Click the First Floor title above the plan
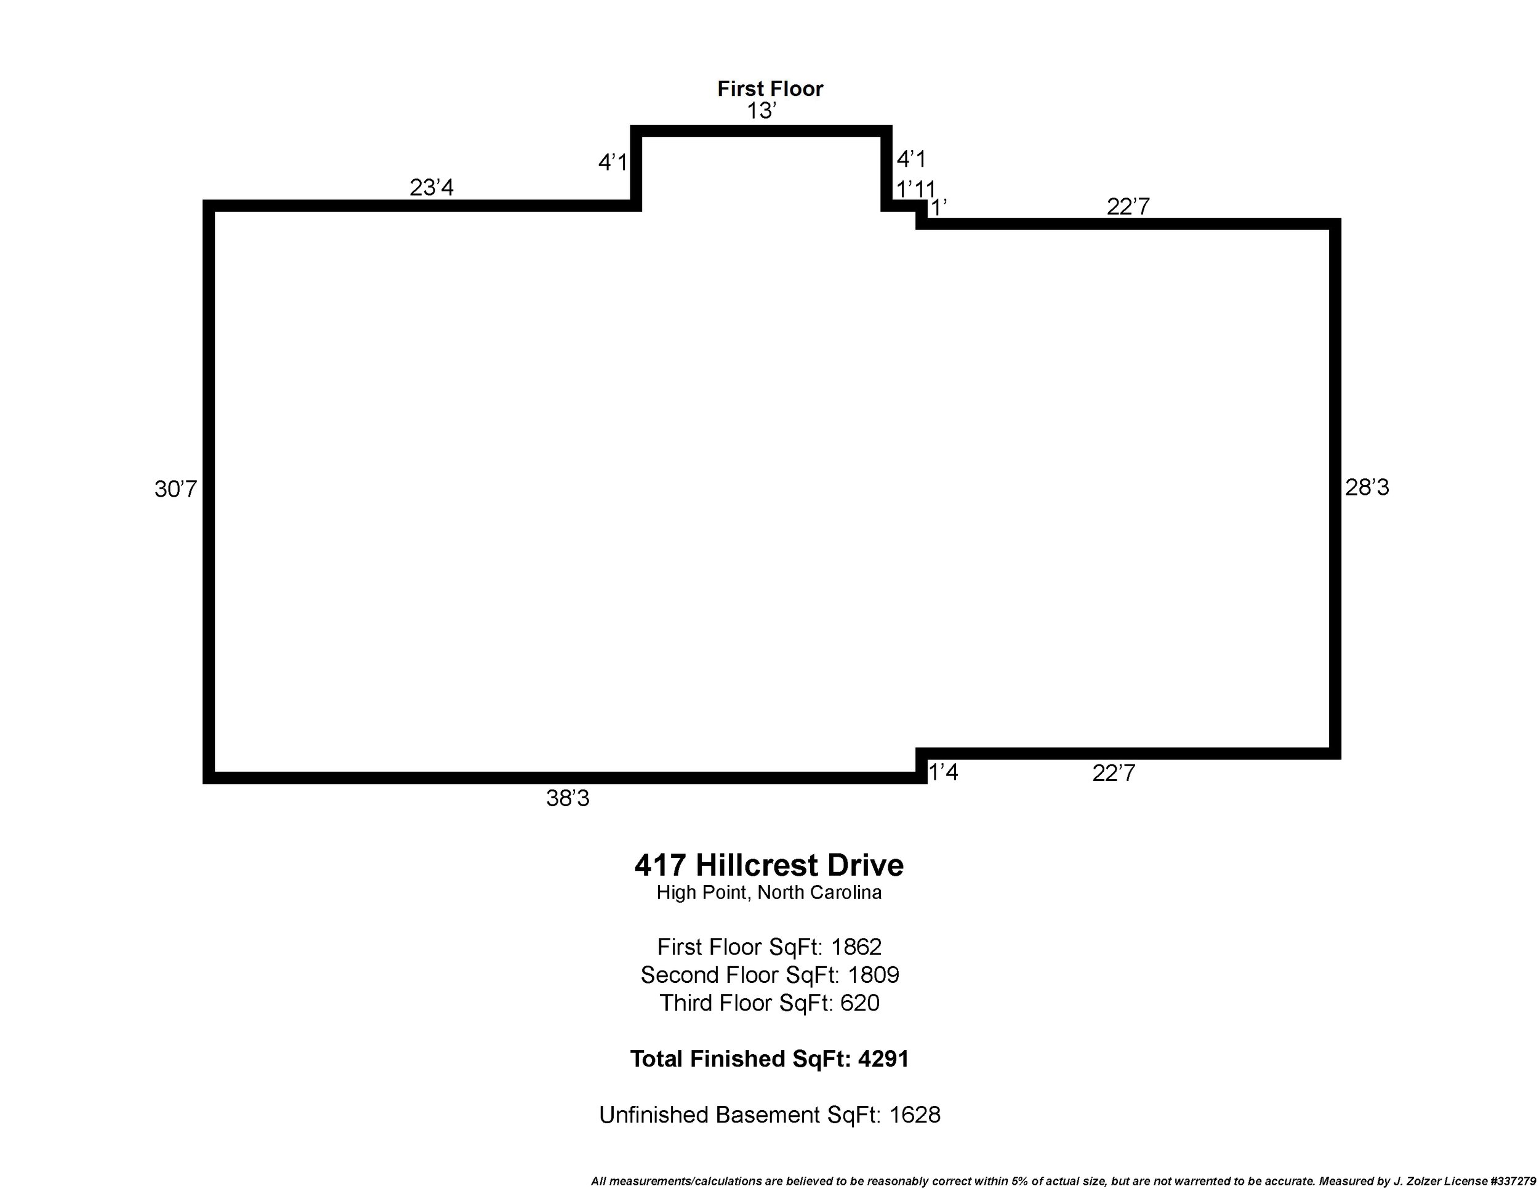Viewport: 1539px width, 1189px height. (769, 89)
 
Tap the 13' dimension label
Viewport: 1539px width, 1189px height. (761, 111)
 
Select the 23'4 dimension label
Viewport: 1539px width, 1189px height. (432, 187)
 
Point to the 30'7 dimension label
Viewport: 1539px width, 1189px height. (175, 489)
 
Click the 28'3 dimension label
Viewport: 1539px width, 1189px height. (1367, 487)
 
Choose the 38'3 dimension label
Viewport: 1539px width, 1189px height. (567, 798)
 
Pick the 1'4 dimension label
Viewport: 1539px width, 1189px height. (943, 773)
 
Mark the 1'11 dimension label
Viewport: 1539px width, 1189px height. (915, 190)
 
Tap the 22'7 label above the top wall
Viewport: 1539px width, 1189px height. (1128, 206)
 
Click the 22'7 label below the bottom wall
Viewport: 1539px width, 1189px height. (1114, 774)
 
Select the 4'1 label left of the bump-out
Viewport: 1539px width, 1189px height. (613, 162)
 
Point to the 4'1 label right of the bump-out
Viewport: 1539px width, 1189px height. (910, 159)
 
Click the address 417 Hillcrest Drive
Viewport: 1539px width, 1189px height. (769, 866)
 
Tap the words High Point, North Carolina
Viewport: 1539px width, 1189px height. (769, 893)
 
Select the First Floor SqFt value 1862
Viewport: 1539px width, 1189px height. (856, 947)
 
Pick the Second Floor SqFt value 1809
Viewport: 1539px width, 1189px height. (873, 975)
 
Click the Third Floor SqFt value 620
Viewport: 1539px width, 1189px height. (860, 1003)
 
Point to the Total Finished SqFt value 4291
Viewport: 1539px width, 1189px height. (883, 1059)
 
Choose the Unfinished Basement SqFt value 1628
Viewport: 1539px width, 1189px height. (915, 1115)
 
